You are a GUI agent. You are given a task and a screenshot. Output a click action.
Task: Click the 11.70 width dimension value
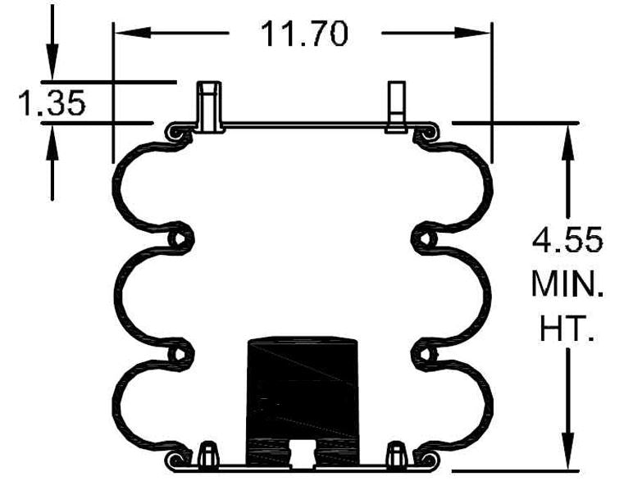304,34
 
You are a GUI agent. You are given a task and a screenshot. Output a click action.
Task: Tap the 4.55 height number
567,242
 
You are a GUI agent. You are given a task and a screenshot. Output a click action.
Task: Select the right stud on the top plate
397,107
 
